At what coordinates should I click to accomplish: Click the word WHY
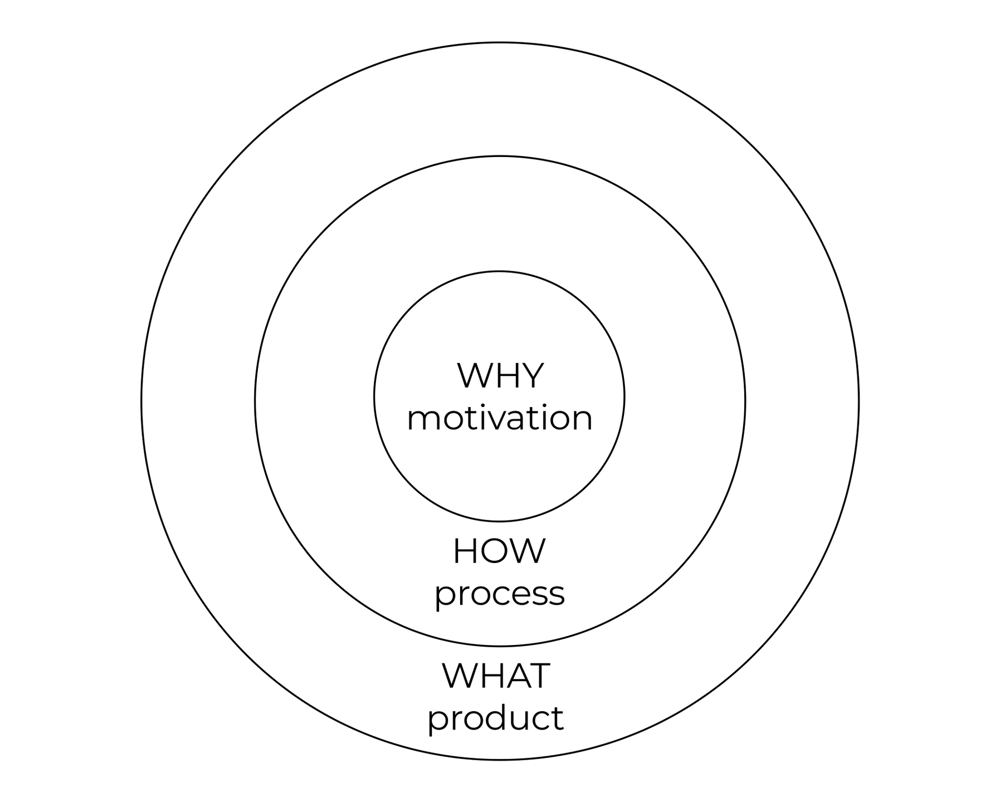[500, 376]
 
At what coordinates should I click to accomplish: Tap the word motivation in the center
[500, 418]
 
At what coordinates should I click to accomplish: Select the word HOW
[499, 551]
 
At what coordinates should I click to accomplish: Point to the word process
[500, 595]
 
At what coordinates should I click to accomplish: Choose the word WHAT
[496, 676]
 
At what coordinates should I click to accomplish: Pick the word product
[496, 718]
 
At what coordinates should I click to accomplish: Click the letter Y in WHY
[531, 376]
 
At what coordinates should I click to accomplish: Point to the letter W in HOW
[527, 551]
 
